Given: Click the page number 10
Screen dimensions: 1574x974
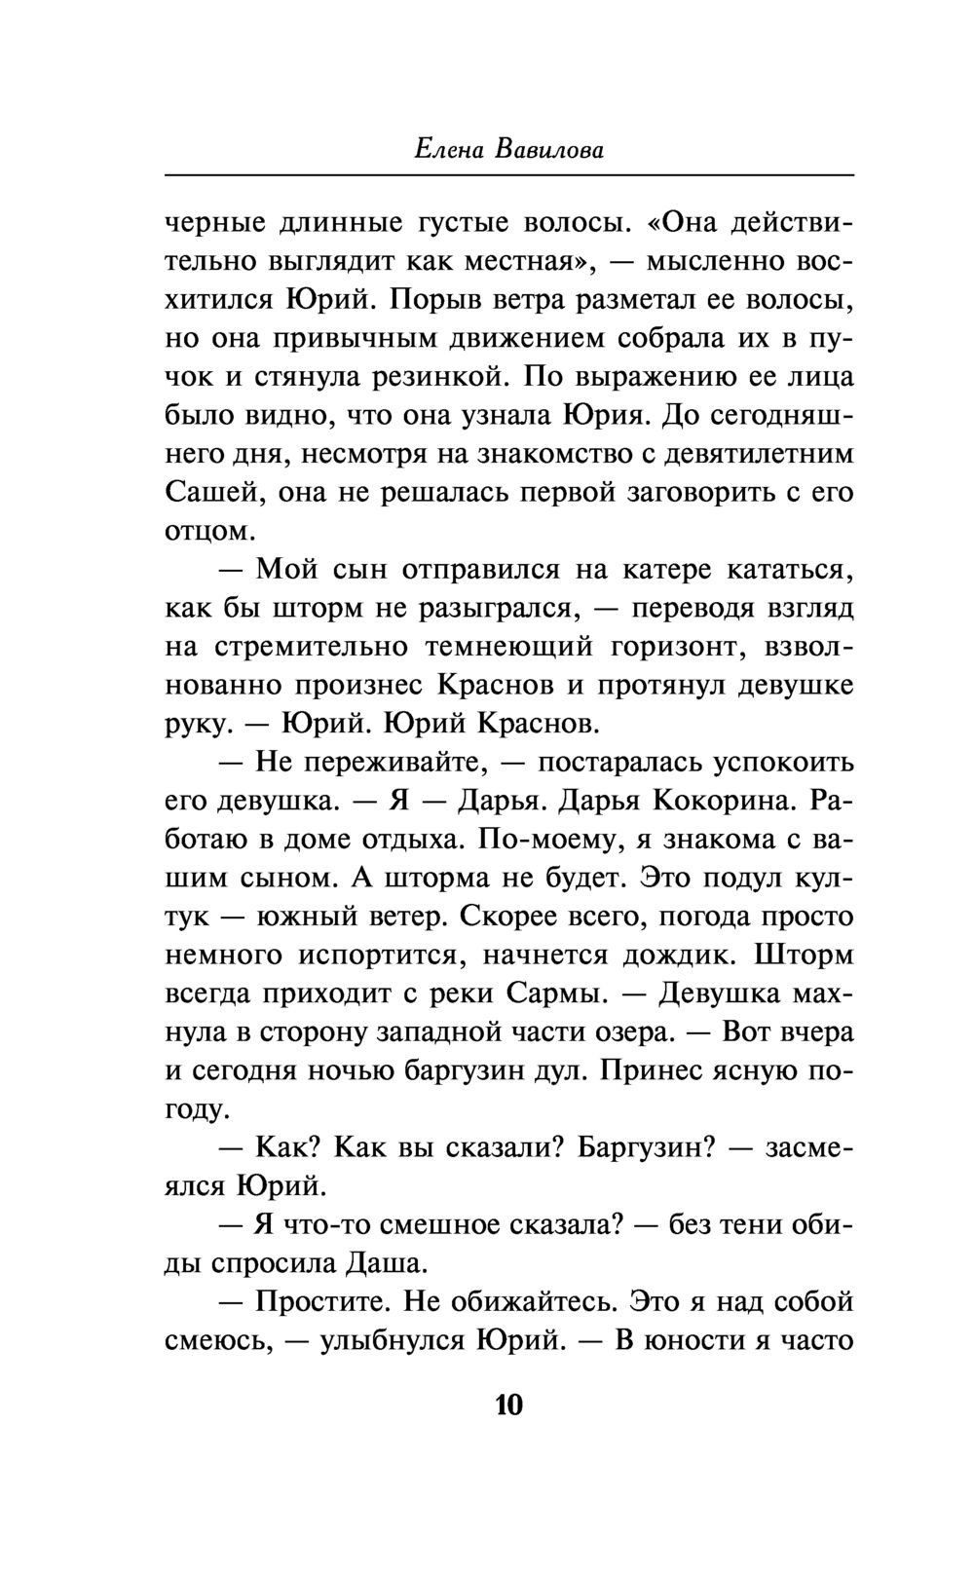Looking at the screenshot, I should coord(509,1405).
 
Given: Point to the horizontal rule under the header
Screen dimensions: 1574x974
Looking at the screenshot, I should coord(509,175).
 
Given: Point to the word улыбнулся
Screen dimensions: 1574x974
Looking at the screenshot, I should coord(392,1341).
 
